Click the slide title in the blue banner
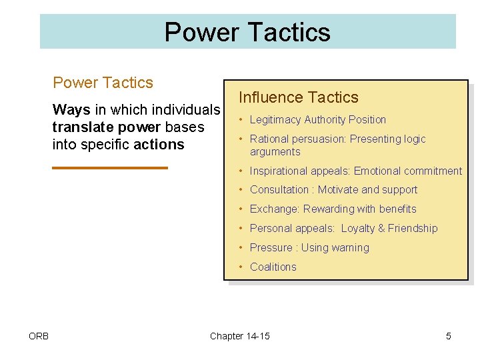click(247, 32)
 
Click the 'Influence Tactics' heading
click(298, 97)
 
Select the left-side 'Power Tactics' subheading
click(103, 83)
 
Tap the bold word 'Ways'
click(71, 109)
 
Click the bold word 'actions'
click(159, 145)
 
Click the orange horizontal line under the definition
click(110, 167)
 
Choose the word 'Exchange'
click(274, 209)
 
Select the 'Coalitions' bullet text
click(273, 267)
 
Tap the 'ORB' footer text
click(39, 336)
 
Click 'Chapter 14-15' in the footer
click(240, 336)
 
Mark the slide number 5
click(448, 336)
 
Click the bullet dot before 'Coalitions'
click(242, 267)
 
